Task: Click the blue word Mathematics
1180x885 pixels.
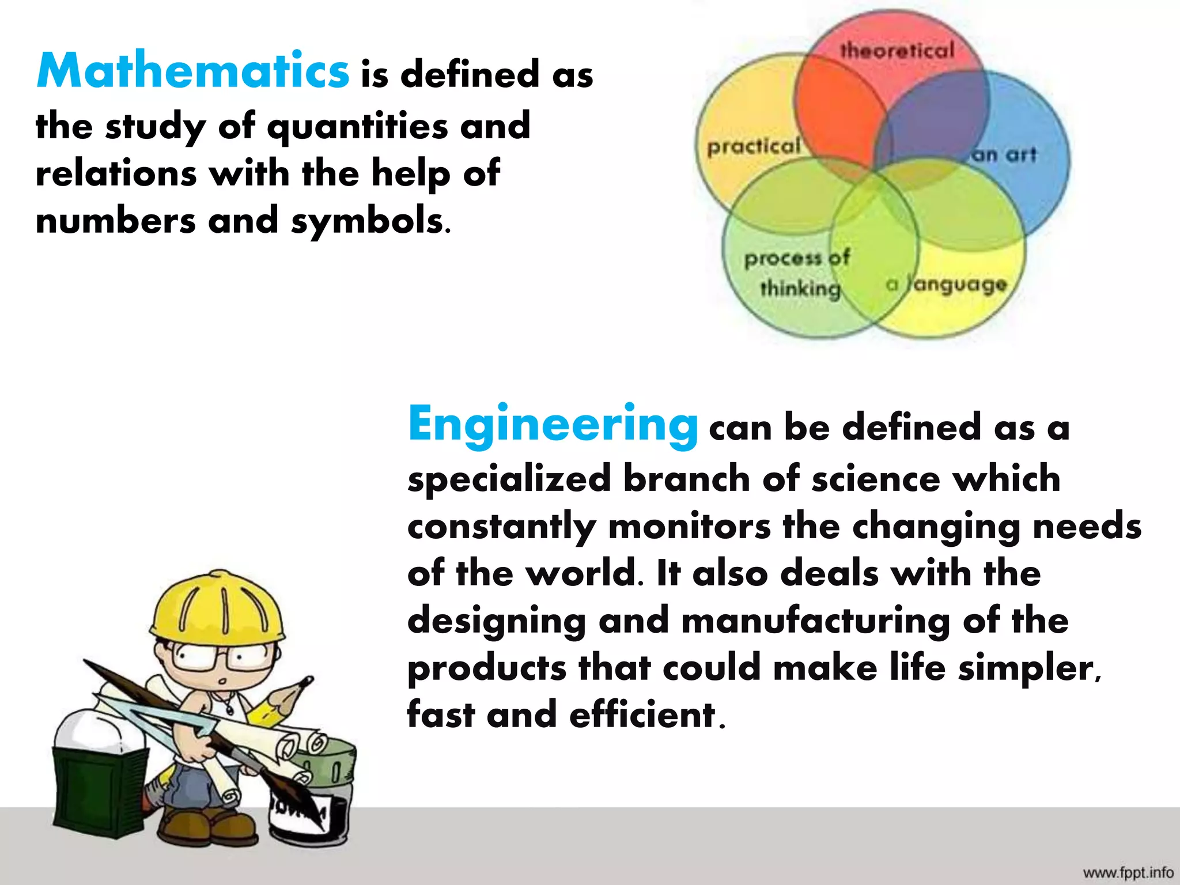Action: click(192, 71)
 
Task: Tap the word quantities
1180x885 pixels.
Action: click(357, 127)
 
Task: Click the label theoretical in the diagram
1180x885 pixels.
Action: click(897, 51)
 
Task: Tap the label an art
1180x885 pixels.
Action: click(1004, 154)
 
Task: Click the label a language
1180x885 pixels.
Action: click(946, 284)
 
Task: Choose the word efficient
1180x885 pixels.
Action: click(642, 715)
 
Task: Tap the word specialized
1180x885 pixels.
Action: click(509, 479)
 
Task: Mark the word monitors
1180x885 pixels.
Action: click(689, 526)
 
